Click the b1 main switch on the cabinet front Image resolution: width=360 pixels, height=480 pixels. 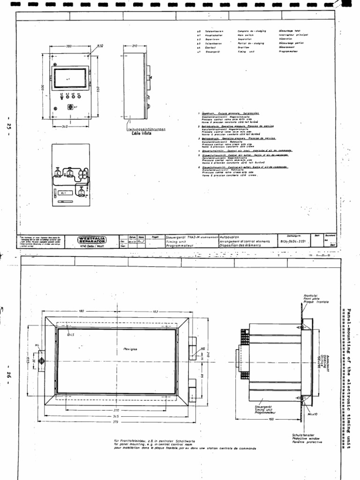point(73,107)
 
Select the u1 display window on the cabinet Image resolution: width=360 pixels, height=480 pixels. point(69,78)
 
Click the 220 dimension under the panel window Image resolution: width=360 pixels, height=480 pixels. point(116,410)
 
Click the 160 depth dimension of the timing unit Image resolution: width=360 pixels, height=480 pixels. point(271,419)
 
